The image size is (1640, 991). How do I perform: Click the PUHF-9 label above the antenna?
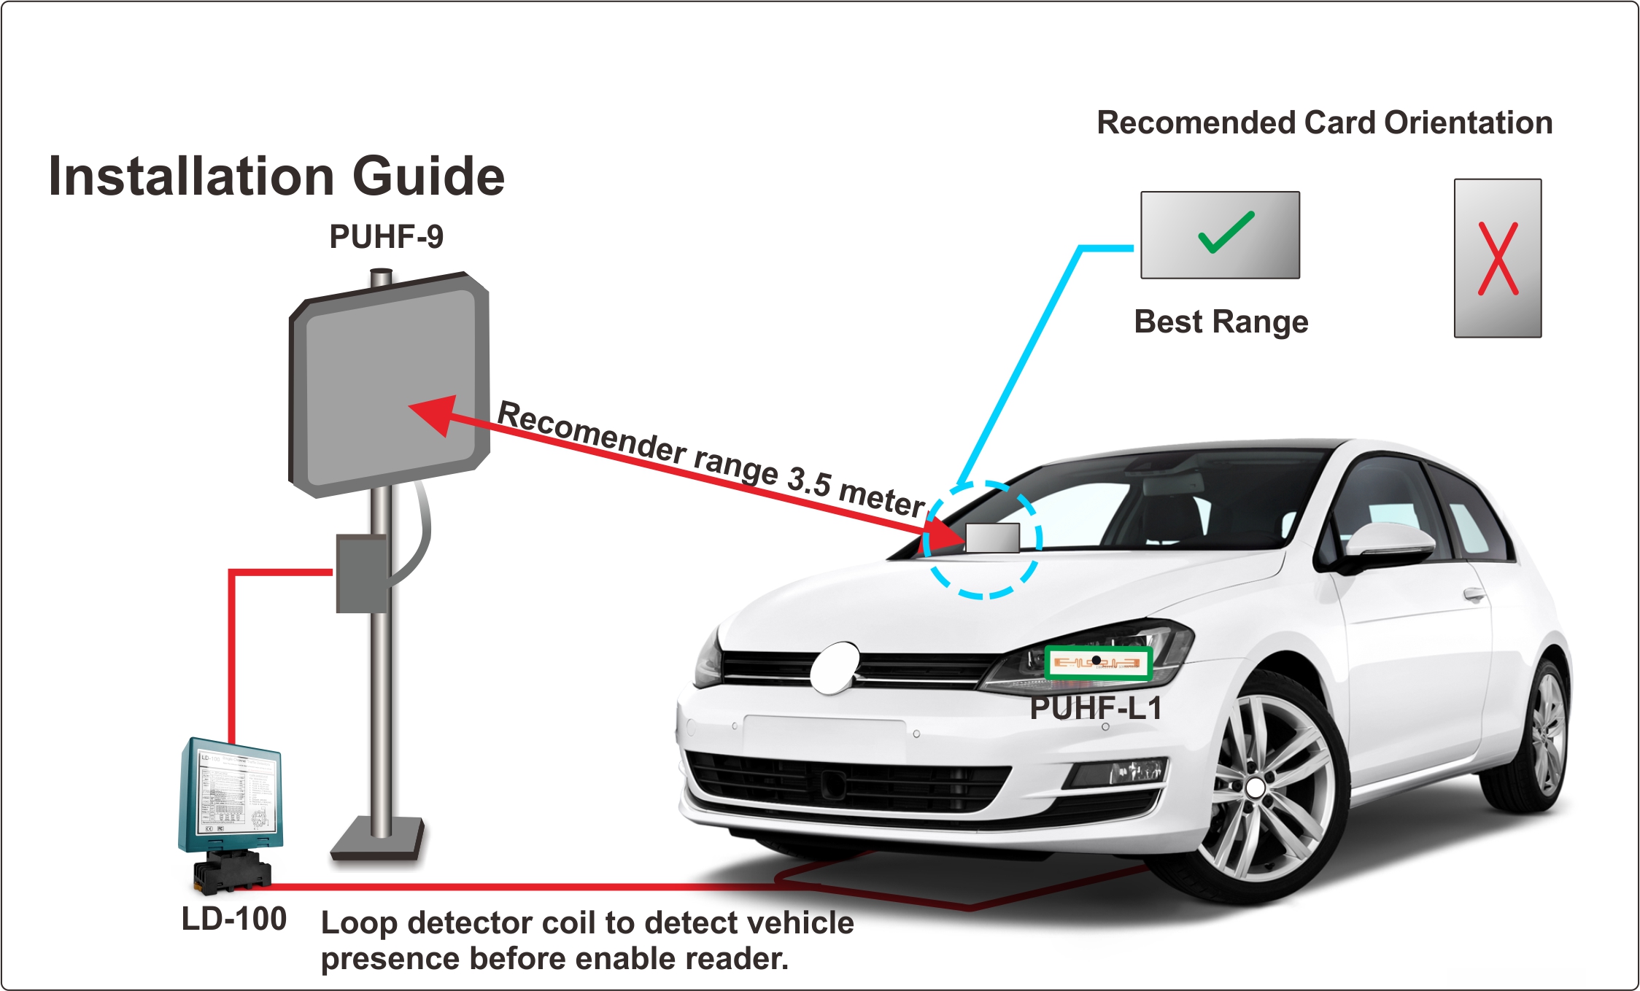pos(386,237)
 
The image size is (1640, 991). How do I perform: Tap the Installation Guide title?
pos(276,176)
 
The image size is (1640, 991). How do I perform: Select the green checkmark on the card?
pos(1226,232)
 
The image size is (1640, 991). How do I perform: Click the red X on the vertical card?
pos(1498,259)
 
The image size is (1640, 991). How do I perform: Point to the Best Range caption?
pos(1221,322)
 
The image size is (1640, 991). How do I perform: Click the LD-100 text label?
pos(233,919)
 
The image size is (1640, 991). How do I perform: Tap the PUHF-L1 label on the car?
pos(1096,708)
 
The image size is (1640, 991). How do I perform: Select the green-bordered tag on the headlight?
pos(1097,663)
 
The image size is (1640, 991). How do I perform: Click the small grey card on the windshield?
pos(993,537)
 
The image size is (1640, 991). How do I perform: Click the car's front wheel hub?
pos(1256,788)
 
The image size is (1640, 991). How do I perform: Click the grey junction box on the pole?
pos(360,573)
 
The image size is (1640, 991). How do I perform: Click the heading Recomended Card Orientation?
pos(1324,123)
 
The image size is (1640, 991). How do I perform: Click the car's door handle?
pos(1474,594)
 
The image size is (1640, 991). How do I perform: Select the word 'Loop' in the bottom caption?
pos(359,923)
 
